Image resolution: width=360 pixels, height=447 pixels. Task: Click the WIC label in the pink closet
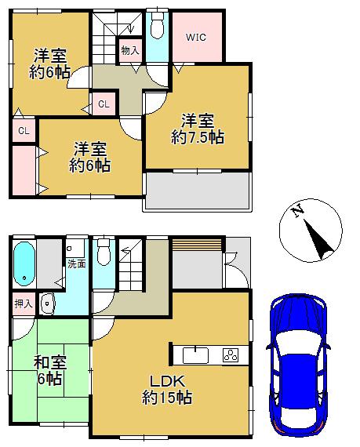(x=195, y=37)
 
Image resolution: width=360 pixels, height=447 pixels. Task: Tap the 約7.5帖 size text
(x=198, y=137)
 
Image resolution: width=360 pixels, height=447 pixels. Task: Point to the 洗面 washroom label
(x=77, y=264)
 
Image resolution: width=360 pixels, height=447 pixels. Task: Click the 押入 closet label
(x=24, y=302)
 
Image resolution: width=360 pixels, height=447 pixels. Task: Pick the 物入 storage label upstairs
(x=130, y=51)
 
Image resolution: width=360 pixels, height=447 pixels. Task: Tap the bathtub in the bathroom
(x=24, y=263)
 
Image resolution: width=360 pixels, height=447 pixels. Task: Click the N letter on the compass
(x=297, y=212)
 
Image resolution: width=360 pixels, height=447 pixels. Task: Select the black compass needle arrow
(x=320, y=239)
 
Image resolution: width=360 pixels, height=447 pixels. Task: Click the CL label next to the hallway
(x=104, y=103)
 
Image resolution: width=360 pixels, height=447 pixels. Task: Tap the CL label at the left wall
(x=24, y=131)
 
